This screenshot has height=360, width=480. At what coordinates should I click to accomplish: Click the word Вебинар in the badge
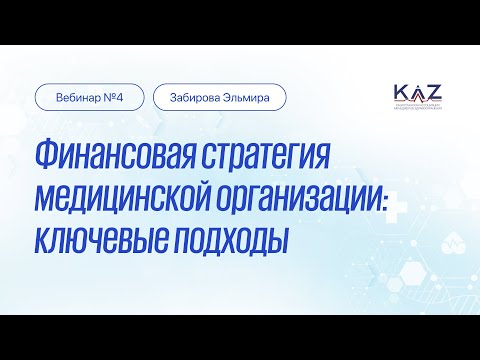78,98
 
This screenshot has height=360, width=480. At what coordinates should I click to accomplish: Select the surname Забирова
198,98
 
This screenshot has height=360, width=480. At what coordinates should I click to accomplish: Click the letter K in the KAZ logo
401,92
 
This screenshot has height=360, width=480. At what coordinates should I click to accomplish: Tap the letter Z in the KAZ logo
436,92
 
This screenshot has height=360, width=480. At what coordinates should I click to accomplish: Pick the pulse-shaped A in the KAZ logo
418,92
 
